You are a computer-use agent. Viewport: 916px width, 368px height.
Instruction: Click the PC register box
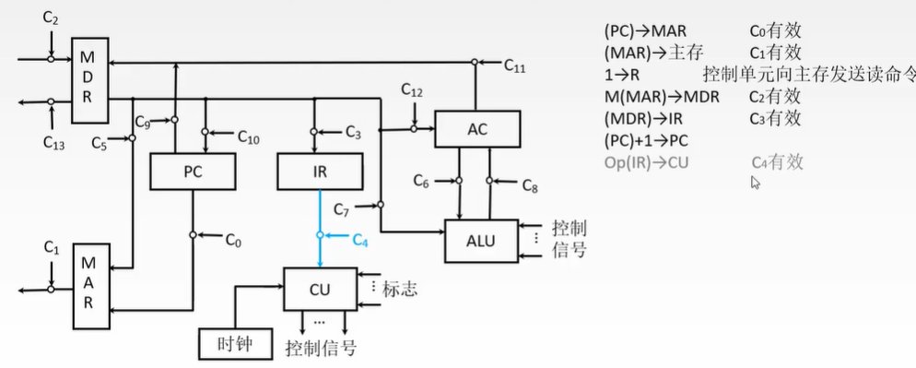coord(194,172)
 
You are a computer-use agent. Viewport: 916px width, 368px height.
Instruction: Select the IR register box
coord(320,172)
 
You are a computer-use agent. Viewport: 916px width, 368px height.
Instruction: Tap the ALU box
coord(480,241)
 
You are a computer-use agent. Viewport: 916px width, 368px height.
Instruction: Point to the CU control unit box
coord(320,289)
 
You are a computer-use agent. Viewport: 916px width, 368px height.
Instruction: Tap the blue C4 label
coord(359,241)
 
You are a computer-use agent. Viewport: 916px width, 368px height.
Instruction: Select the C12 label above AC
coord(412,90)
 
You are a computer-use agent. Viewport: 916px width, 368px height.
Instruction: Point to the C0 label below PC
coord(233,241)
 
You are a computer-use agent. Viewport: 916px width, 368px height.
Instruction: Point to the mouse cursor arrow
coord(756,183)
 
